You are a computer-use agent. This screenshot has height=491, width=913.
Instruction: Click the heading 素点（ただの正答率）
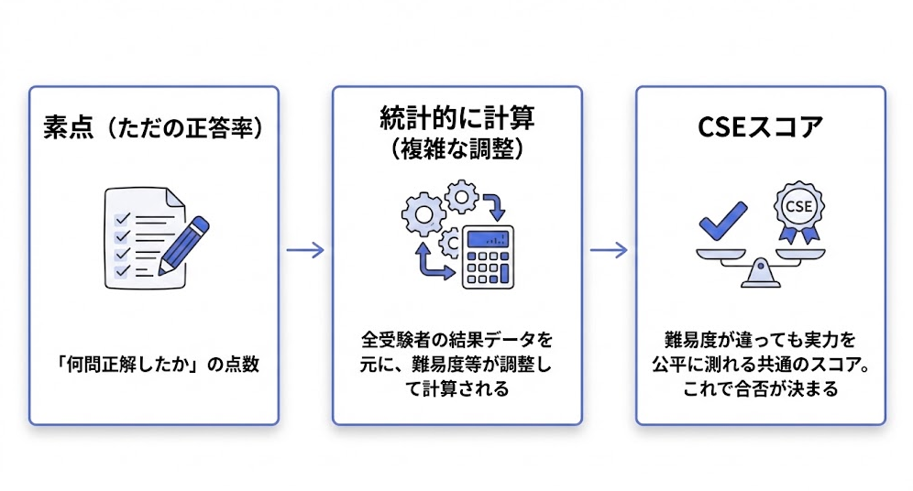(153, 128)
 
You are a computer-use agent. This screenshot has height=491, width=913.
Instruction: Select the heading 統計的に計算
(456, 118)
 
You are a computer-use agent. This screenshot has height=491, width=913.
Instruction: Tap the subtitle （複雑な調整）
(456, 148)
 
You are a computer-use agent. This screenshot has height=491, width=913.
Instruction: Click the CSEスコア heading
(760, 127)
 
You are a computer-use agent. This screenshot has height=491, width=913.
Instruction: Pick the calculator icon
(486, 256)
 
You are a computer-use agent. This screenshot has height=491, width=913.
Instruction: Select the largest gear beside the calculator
(423, 213)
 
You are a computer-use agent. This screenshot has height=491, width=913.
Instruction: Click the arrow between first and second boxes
(305, 250)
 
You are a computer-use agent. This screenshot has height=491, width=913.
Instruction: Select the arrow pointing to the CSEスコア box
(609, 250)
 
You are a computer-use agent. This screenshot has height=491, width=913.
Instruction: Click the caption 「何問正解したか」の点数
(153, 364)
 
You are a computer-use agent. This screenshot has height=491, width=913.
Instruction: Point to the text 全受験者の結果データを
(456, 341)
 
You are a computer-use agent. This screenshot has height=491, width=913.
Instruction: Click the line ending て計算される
(456, 388)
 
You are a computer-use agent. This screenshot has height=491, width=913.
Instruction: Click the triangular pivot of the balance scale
(760, 271)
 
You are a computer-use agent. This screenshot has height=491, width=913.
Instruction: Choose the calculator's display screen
(486, 239)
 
